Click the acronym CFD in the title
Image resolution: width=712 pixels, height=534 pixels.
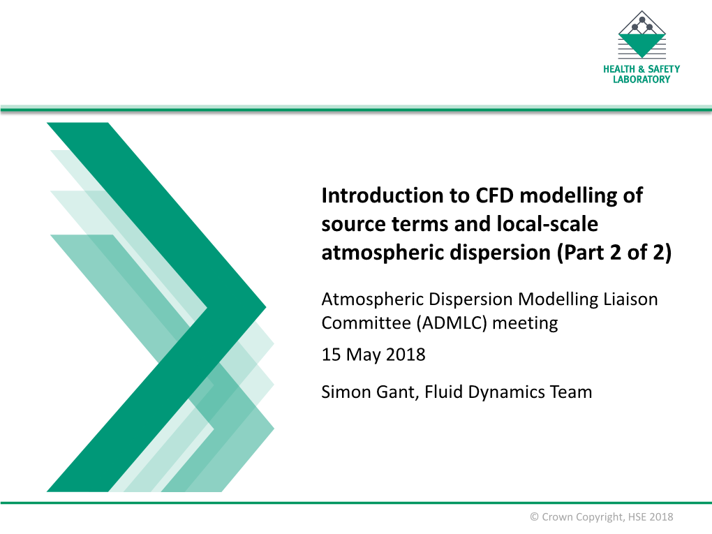point(494,195)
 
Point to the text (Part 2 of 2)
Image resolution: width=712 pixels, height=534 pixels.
point(614,253)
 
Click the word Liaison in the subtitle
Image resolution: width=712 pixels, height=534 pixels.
point(630,299)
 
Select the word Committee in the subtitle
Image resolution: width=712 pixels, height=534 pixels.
point(366,323)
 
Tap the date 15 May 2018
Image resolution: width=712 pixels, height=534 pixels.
point(373,355)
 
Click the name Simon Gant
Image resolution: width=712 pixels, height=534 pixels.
point(369,392)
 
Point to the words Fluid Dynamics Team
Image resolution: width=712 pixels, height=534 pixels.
point(508,392)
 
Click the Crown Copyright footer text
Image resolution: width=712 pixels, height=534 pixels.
point(602,517)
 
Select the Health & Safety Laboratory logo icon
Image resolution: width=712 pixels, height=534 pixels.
point(641,34)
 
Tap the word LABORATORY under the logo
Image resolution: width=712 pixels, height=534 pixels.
point(641,80)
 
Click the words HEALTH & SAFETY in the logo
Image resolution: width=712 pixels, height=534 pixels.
point(641,69)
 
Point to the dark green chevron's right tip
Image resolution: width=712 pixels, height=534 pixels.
point(266,307)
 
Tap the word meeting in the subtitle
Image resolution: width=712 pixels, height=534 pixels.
point(525,323)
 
